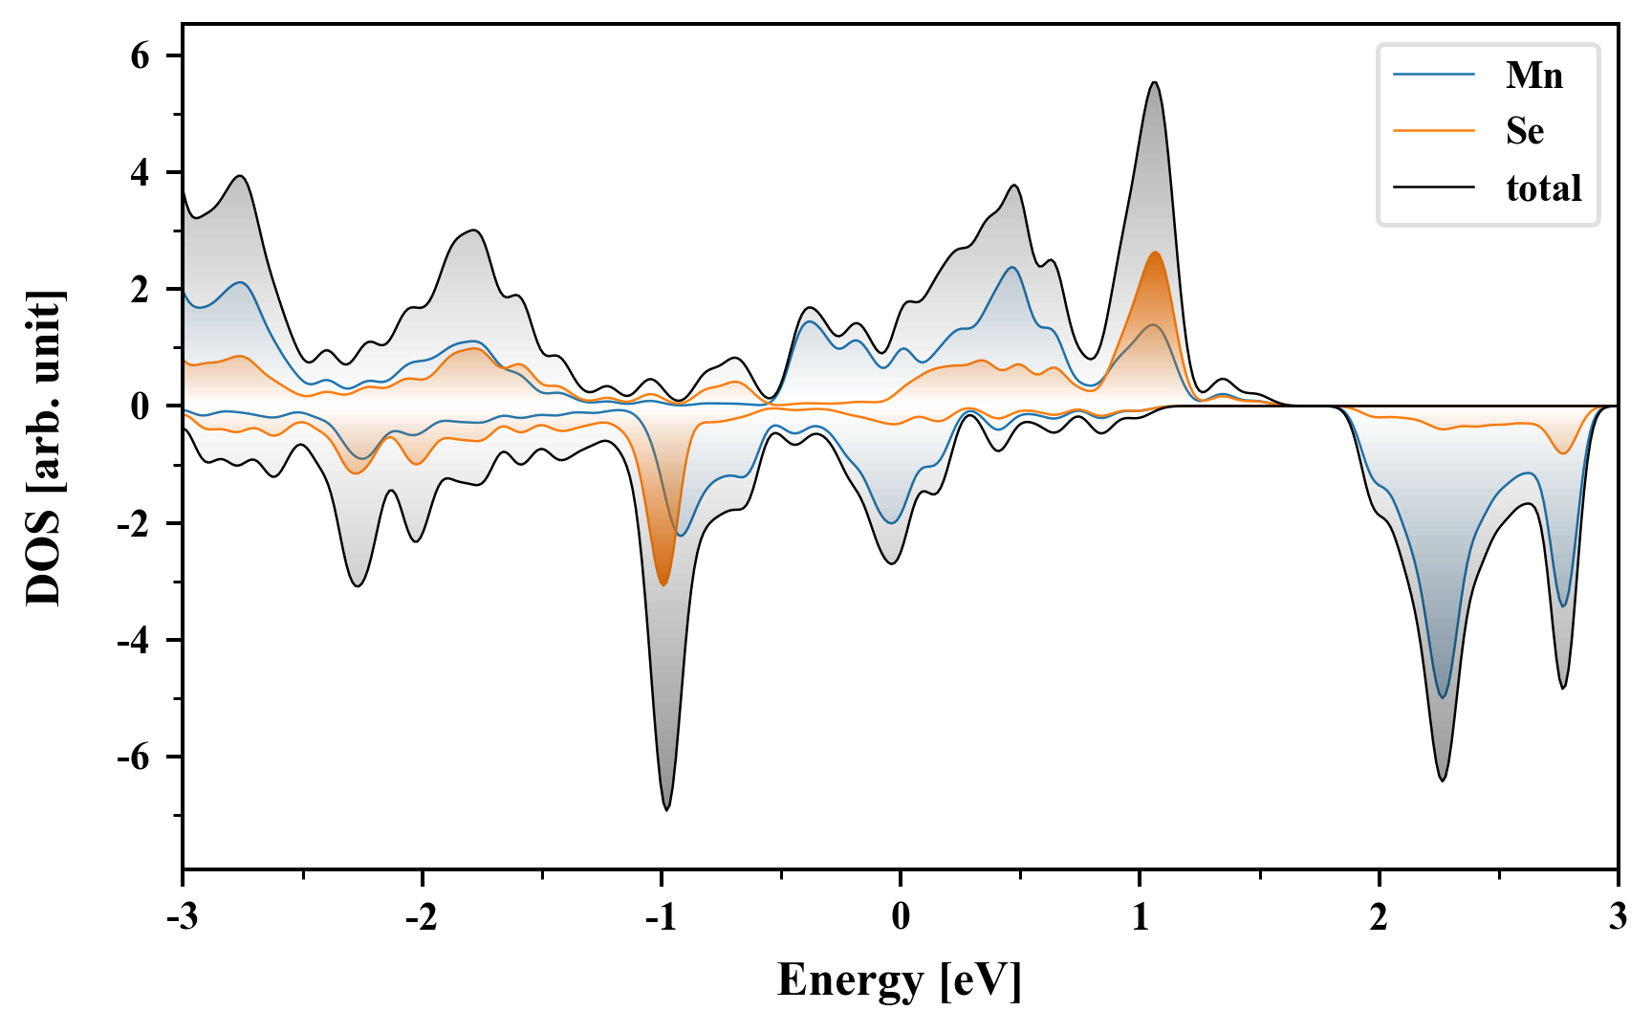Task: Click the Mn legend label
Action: [1533, 75]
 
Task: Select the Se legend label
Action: [1524, 131]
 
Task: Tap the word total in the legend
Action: [1543, 187]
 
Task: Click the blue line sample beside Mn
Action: [1433, 75]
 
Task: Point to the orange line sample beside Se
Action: [1433, 130]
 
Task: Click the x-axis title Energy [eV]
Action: [900, 979]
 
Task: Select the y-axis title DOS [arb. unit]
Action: [44, 448]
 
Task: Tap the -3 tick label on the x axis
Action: [183, 917]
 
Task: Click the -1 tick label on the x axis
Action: [661, 917]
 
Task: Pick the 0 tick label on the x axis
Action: [901, 917]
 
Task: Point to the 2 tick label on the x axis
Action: [1379, 917]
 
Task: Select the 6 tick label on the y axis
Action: [141, 55]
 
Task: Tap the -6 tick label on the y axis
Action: [135, 757]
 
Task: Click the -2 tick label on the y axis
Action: [135, 523]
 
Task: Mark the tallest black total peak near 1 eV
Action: [1155, 82]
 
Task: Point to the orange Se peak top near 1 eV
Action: [1156, 253]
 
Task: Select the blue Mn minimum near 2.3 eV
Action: [1443, 697]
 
